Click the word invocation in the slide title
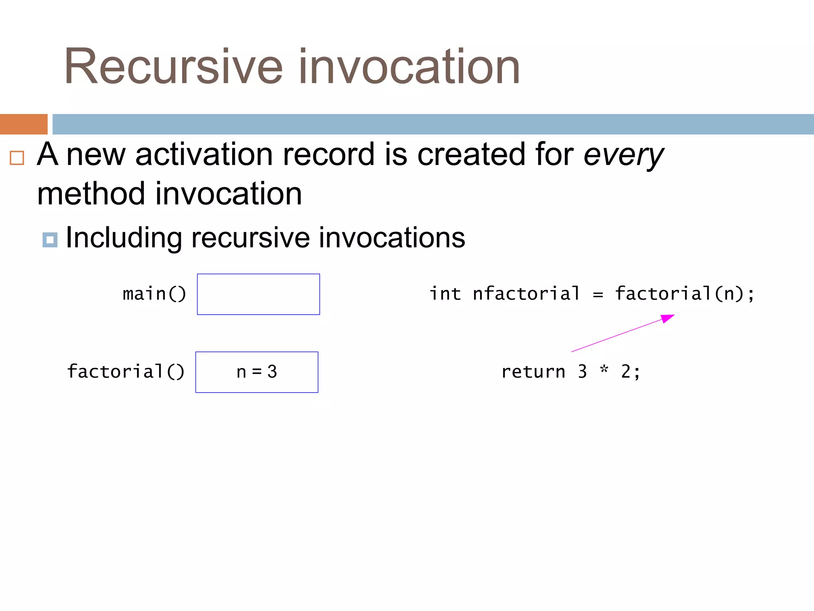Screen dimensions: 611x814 coord(409,67)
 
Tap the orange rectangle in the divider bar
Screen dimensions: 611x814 coord(23,124)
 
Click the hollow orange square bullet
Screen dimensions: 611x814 coord(17,158)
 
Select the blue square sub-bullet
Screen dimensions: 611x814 coord(50,240)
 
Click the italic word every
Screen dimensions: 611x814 coord(623,155)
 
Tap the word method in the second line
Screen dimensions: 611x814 coord(91,194)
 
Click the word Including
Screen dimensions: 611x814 coord(124,238)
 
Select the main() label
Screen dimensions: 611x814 coord(154,294)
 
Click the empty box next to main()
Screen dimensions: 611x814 coord(258,294)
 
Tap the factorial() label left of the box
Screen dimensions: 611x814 coord(126,372)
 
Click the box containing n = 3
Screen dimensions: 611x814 coord(257,372)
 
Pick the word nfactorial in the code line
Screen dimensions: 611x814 coord(526,294)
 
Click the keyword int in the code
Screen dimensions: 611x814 coord(445,294)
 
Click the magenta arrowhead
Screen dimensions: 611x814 coord(668,318)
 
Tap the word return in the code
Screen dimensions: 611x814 coord(533,372)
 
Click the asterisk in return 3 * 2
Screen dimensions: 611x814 coord(604,370)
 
